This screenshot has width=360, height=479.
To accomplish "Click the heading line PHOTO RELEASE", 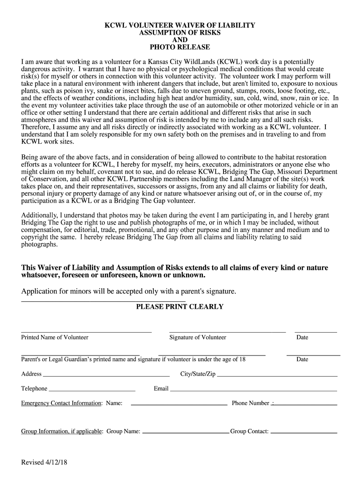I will (x=180, y=47).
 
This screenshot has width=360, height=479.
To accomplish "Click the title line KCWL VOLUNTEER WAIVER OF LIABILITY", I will (x=180, y=25).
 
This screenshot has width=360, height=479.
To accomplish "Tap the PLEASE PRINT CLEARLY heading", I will (x=180, y=307).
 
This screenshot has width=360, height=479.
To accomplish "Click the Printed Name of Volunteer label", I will (x=55, y=337).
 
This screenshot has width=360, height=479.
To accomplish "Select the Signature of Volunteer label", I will (x=198, y=337).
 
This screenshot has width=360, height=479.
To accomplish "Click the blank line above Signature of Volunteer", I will (x=227, y=332).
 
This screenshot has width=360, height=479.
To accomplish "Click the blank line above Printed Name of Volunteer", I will (x=86, y=332).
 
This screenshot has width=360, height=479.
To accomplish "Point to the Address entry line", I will (x=106, y=376).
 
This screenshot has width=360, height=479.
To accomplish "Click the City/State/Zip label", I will (x=198, y=374).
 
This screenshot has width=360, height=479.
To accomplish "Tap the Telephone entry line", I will (x=92, y=390).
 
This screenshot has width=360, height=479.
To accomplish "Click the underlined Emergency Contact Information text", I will (x=61, y=403).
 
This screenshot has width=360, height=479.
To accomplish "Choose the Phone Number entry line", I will (x=305, y=404).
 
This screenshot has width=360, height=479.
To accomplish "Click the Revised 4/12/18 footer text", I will (x=45, y=463).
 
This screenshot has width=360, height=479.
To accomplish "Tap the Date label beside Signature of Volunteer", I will (x=302, y=337).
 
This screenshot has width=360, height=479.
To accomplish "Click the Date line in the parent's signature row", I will (x=313, y=355).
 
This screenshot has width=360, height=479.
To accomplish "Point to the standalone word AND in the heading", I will (x=180, y=40).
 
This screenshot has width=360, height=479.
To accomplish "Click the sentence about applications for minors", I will (x=129, y=291).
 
